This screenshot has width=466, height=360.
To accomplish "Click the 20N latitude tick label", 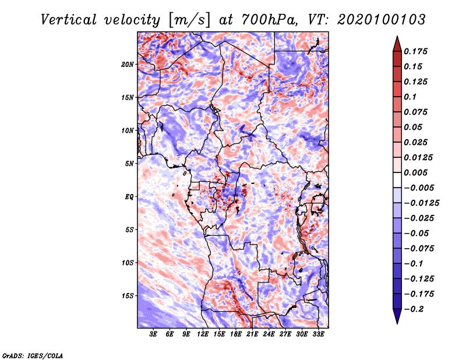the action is point(128,64).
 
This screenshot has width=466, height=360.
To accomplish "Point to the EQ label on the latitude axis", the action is point(129,197).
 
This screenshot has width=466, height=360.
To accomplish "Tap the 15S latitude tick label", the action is point(128,296).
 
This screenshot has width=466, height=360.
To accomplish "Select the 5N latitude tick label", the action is point(129,164).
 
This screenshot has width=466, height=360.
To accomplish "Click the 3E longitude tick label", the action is point(153,334).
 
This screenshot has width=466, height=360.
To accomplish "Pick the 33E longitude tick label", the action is point(318,334).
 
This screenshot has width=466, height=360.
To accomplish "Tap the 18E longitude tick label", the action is point(236,334).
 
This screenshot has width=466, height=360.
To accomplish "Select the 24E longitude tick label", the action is point(269,334).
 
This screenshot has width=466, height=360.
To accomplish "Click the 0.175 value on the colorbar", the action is point(415,51).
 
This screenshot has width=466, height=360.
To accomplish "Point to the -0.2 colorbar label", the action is point(414,309).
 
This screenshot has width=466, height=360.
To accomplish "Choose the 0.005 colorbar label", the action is point(415,172).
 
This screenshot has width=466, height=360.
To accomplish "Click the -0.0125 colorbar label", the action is point(421,203).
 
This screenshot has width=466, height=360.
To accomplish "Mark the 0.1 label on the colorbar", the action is point(410,97).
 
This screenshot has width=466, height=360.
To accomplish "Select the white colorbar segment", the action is point(397,180).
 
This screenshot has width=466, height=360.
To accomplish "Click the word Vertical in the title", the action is point(69,20).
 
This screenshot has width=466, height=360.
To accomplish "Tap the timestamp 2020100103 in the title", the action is point(382,20).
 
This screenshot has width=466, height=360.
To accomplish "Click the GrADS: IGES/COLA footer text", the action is point(33,356).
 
